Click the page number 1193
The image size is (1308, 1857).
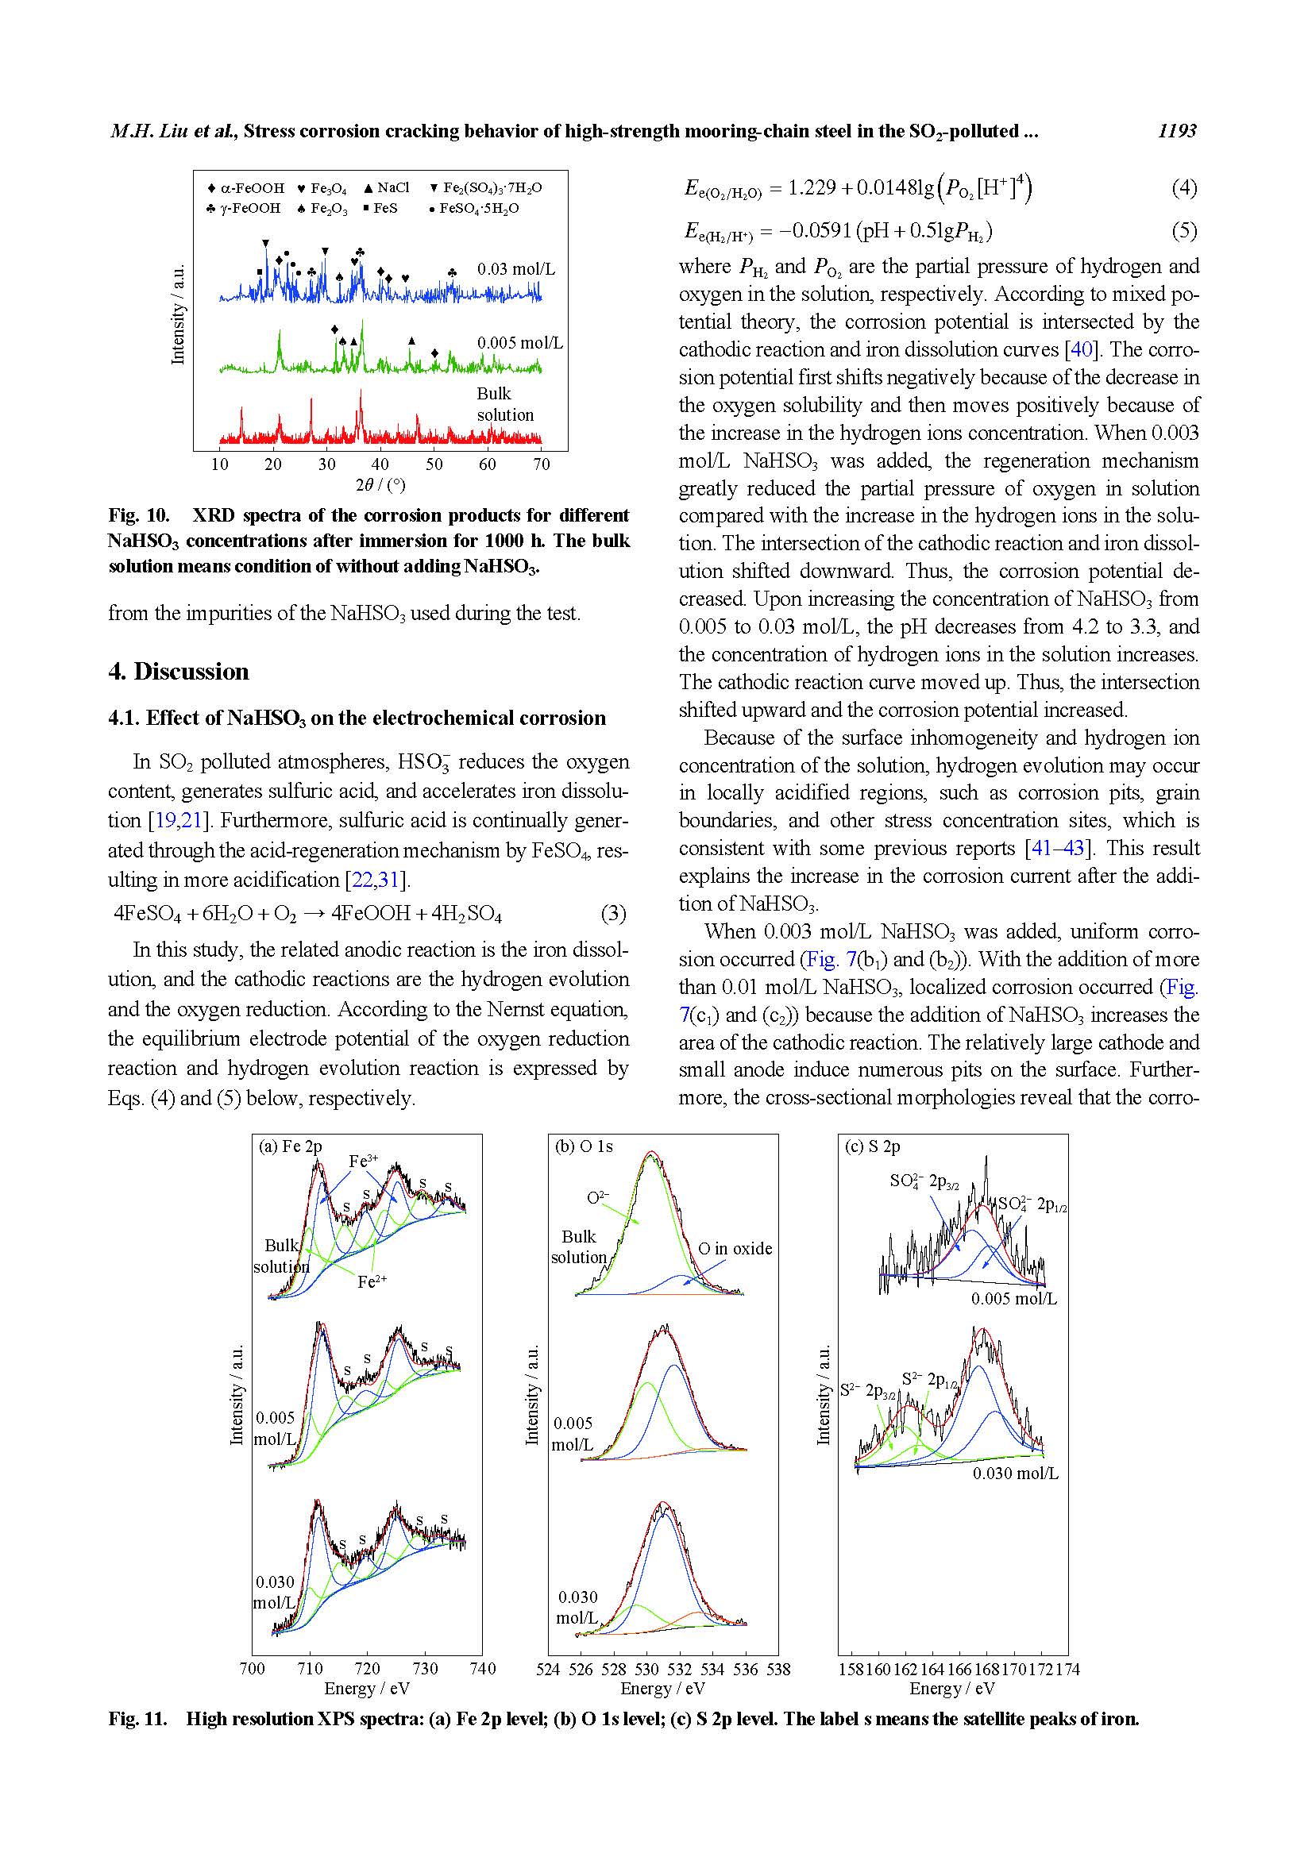(x=1176, y=131)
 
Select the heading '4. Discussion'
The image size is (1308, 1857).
(x=179, y=672)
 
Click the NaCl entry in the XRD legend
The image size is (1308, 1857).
(x=388, y=187)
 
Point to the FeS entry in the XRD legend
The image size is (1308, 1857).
(x=380, y=208)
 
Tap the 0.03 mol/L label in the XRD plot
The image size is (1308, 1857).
(x=516, y=269)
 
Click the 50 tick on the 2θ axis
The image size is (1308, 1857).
(x=434, y=464)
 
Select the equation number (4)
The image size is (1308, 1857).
(x=1183, y=188)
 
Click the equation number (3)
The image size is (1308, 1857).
(x=613, y=914)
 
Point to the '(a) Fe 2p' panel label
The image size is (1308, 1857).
(x=290, y=1146)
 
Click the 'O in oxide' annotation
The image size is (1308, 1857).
(x=735, y=1249)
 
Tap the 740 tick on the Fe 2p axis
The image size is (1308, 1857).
(x=483, y=1669)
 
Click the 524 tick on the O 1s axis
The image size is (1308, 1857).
(x=548, y=1670)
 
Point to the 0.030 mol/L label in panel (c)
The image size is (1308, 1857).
(x=1015, y=1474)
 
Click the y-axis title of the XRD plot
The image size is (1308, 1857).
(x=179, y=314)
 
